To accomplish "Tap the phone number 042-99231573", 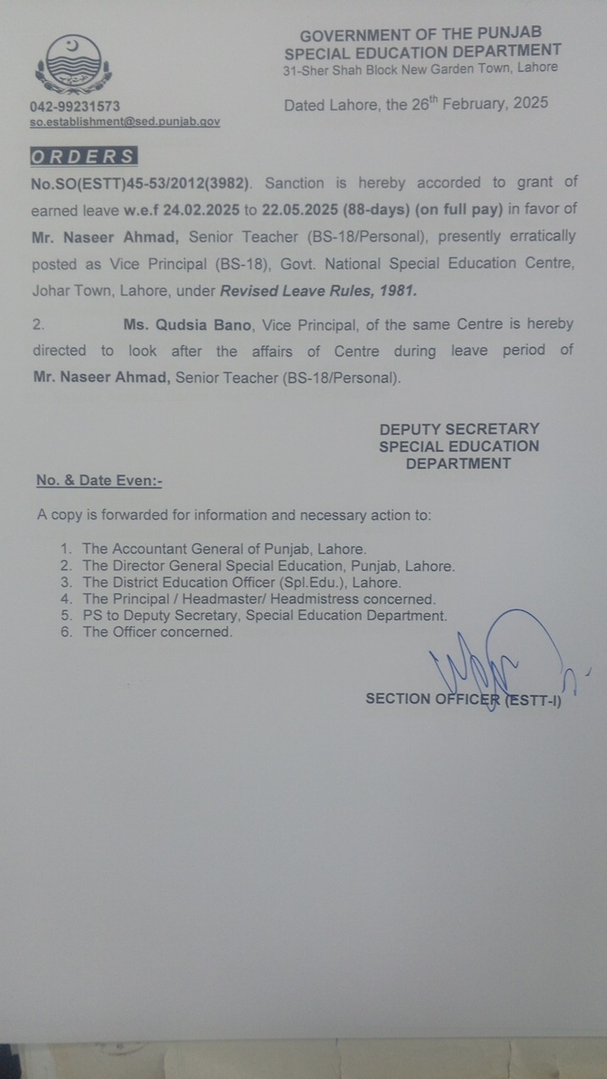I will point(75,106).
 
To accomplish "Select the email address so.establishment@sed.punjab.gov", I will point(125,121).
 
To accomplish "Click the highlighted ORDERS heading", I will point(83,156).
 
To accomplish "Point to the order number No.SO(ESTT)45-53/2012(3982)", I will point(141,182).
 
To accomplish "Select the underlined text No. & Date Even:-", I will point(99,480).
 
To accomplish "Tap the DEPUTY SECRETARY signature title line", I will point(459,429).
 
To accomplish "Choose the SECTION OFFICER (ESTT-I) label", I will point(463,699).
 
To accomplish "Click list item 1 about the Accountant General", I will point(223,548).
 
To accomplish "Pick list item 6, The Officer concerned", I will point(156,631).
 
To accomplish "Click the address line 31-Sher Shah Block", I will point(420,68).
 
